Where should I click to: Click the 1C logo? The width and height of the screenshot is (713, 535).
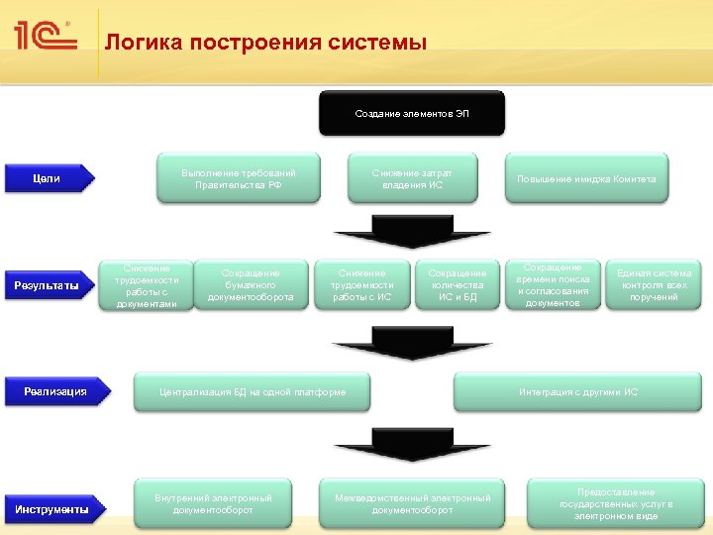pyautogui.click(x=46, y=37)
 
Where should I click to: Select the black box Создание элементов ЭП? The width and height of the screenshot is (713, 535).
pyautogui.click(x=412, y=113)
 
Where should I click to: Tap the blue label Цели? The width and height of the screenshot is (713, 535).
pyautogui.click(x=48, y=178)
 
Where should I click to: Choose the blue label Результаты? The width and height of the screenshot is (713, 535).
pyautogui.click(x=48, y=286)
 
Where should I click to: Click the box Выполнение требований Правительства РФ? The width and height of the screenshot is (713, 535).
pyautogui.click(x=239, y=178)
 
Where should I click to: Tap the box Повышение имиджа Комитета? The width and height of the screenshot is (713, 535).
pyautogui.click(x=586, y=178)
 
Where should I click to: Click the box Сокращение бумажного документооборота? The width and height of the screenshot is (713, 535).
pyautogui.click(x=251, y=285)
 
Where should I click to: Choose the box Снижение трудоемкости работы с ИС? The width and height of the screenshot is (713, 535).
pyautogui.click(x=362, y=285)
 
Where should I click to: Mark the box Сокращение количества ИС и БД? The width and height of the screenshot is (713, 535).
pyautogui.click(x=458, y=285)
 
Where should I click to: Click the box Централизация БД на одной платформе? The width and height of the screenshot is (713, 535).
pyautogui.click(x=253, y=392)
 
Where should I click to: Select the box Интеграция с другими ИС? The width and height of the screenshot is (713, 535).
pyautogui.click(x=578, y=392)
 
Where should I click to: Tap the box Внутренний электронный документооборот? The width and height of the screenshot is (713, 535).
pyautogui.click(x=213, y=503)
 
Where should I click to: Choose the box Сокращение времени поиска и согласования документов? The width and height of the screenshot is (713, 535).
pyautogui.click(x=553, y=285)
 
